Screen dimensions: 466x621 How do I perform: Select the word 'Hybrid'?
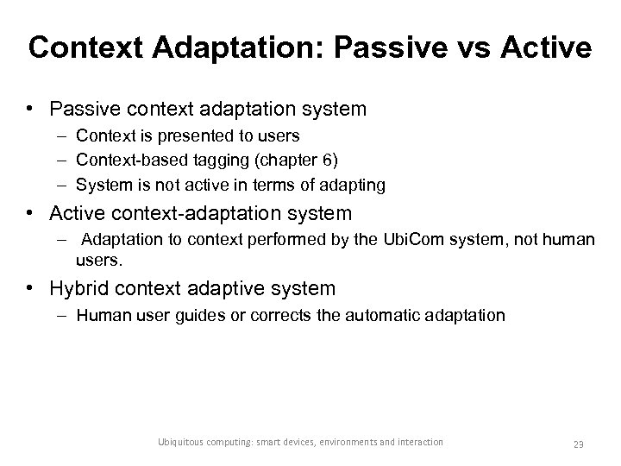pos(80,287)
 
